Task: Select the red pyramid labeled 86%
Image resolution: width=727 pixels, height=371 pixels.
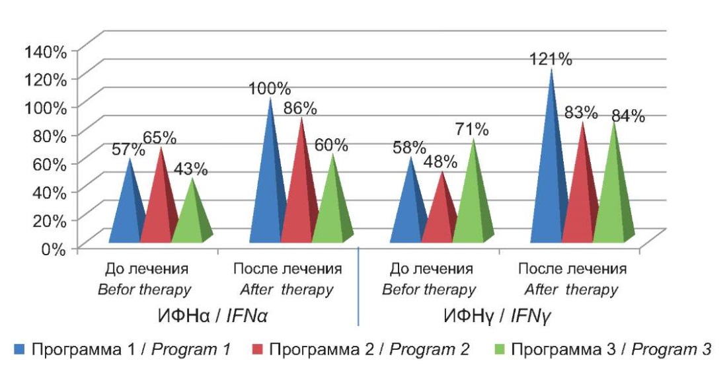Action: click(302, 198)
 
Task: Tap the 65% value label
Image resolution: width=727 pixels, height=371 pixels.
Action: click(159, 138)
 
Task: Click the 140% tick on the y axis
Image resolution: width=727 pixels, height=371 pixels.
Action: click(46, 50)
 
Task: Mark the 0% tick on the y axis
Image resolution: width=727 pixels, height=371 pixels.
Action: click(54, 249)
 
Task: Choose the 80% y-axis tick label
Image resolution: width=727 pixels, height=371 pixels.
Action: click(50, 136)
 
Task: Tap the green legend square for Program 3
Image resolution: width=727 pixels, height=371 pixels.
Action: click(501, 349)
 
